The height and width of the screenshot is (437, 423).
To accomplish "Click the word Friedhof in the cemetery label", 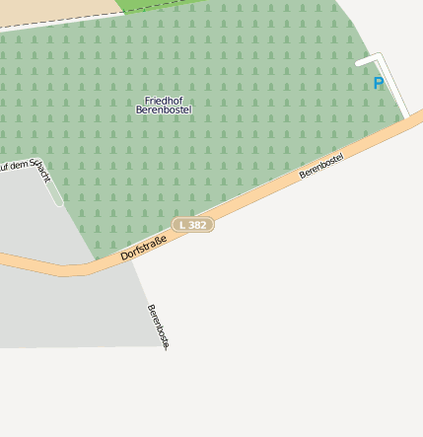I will [164, 101].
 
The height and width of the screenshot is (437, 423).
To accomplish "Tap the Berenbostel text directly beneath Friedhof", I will [164, 109].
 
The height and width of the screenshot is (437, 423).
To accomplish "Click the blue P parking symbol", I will [378, 84].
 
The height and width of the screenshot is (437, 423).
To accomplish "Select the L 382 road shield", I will [193, 225].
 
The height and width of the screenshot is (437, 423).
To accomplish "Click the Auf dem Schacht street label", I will [24, 171].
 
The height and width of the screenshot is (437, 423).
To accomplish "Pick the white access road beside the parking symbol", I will [394, 84].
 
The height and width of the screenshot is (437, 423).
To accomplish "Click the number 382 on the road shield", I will [197, 225].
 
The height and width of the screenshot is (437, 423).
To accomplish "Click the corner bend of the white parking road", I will [377, 58].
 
